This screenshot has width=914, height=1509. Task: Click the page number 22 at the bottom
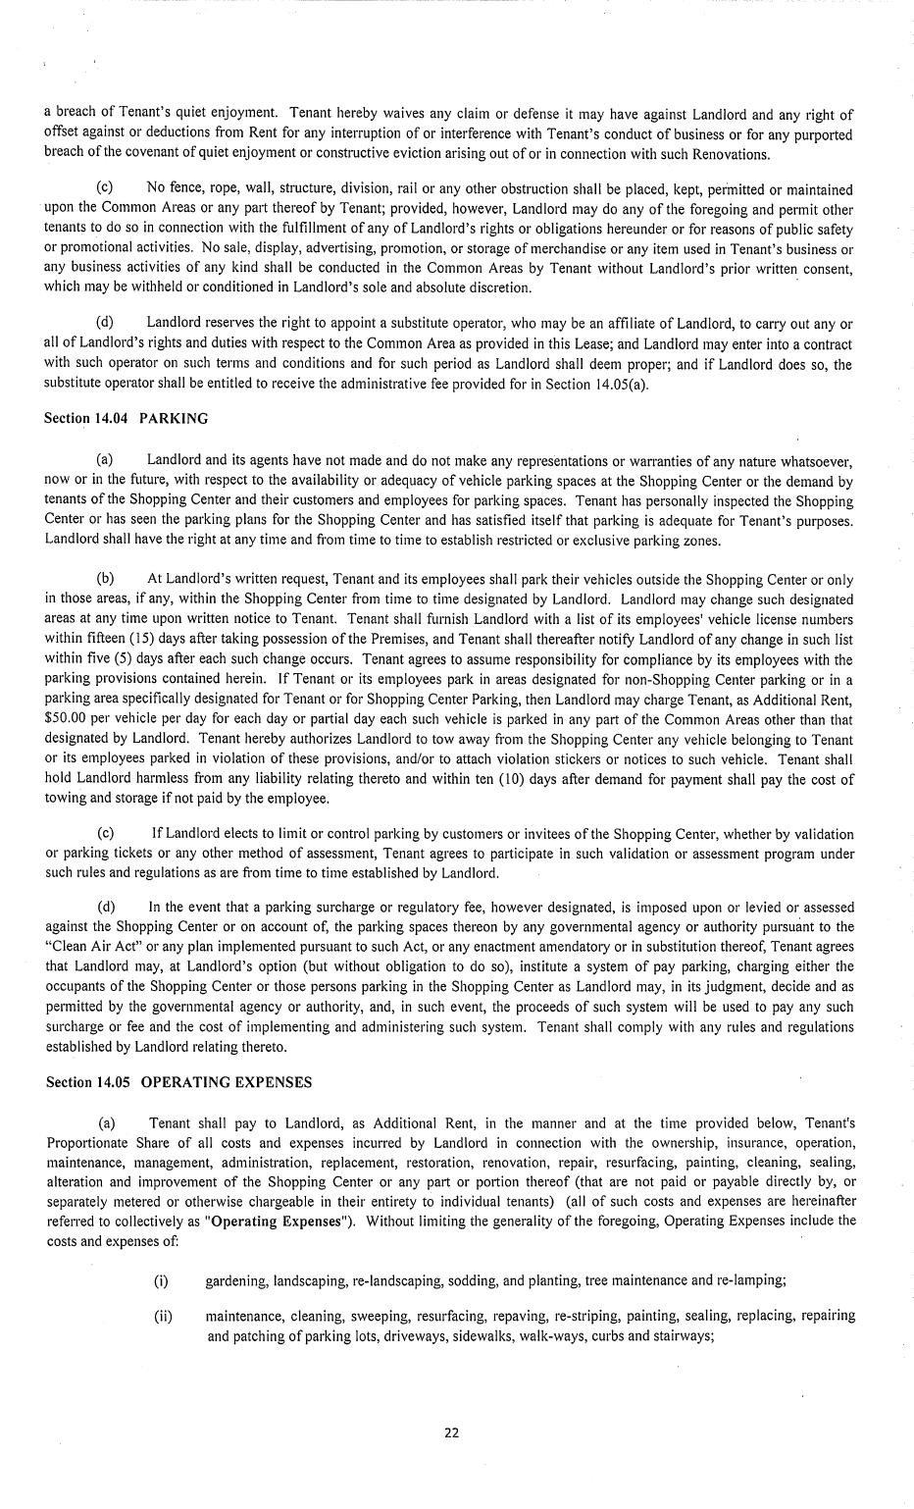pos(452,1431)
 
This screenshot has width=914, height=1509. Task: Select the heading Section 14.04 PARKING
pos(126,418)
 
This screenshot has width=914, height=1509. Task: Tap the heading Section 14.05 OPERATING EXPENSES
pos(178,1082)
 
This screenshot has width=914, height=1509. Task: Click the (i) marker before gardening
pos(161,1280)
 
